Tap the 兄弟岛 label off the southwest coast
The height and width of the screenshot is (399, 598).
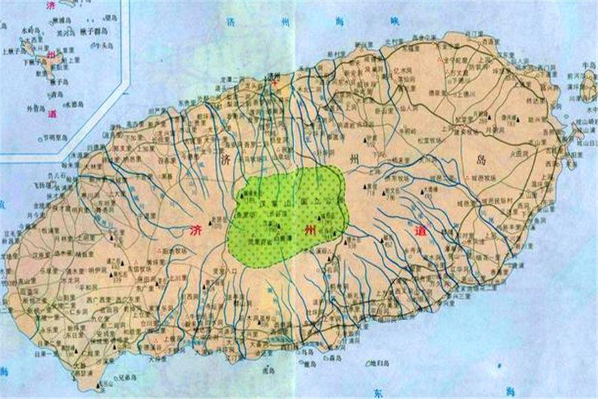coord(128,378)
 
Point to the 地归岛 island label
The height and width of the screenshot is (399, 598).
coord(379,363)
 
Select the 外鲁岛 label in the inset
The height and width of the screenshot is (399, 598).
coord(35,108)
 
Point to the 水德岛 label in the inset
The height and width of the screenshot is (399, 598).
coord(75,104)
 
